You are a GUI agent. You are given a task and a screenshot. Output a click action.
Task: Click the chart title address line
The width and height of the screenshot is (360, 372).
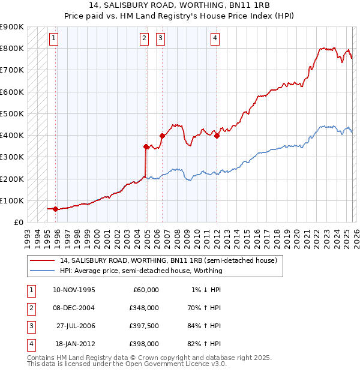(x=179, y=5)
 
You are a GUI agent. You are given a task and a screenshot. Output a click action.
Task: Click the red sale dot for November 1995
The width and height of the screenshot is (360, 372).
(x=55, y=209)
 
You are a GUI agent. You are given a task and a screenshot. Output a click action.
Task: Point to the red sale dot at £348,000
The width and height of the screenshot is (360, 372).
(x=146, y=146)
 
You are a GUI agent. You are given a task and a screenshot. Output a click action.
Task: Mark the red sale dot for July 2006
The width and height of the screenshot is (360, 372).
(x=162, y=136)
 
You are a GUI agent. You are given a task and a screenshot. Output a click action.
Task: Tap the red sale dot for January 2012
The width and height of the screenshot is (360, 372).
(x=217, y=136)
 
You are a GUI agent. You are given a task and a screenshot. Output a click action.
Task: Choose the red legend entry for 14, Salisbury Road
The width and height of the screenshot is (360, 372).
(x=168, y=261)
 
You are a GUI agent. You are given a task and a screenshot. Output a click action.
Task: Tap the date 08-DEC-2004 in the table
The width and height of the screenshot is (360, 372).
(x=74, y=308)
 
